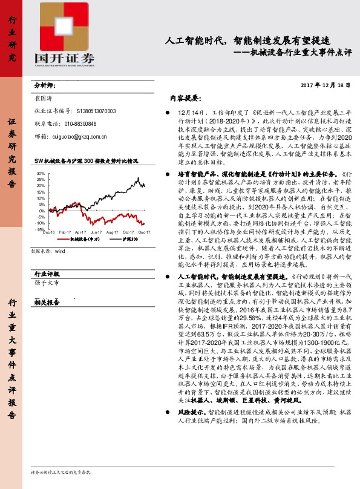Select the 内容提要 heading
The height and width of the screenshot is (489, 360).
pyautogui.click(x=185, y=97)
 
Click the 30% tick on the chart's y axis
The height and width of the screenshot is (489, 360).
pyautogui.click(x=40, y=173)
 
